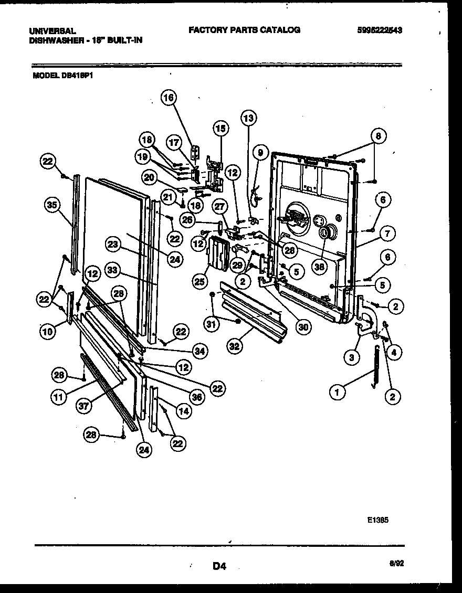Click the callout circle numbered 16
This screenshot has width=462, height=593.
click(169, 97)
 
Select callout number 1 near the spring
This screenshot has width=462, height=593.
click(338, 390)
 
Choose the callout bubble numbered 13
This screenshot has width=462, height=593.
click(248, 118)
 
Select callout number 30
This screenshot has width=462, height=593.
click(303, 326)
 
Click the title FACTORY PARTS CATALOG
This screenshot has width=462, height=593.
click(244, 30)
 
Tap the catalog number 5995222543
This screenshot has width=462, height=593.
click(379, 30)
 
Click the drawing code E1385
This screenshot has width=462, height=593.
click(379, 522)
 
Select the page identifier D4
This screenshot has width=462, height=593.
click(219, 566)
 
